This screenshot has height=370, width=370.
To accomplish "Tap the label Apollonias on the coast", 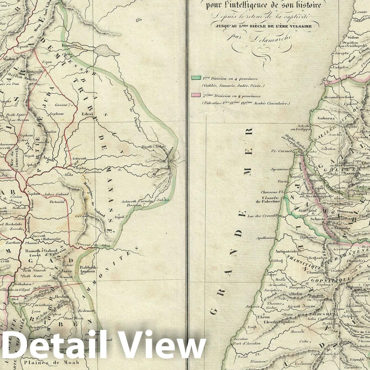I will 265,238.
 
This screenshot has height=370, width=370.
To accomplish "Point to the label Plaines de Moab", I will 51,362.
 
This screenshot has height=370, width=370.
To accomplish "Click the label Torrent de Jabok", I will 93,245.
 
